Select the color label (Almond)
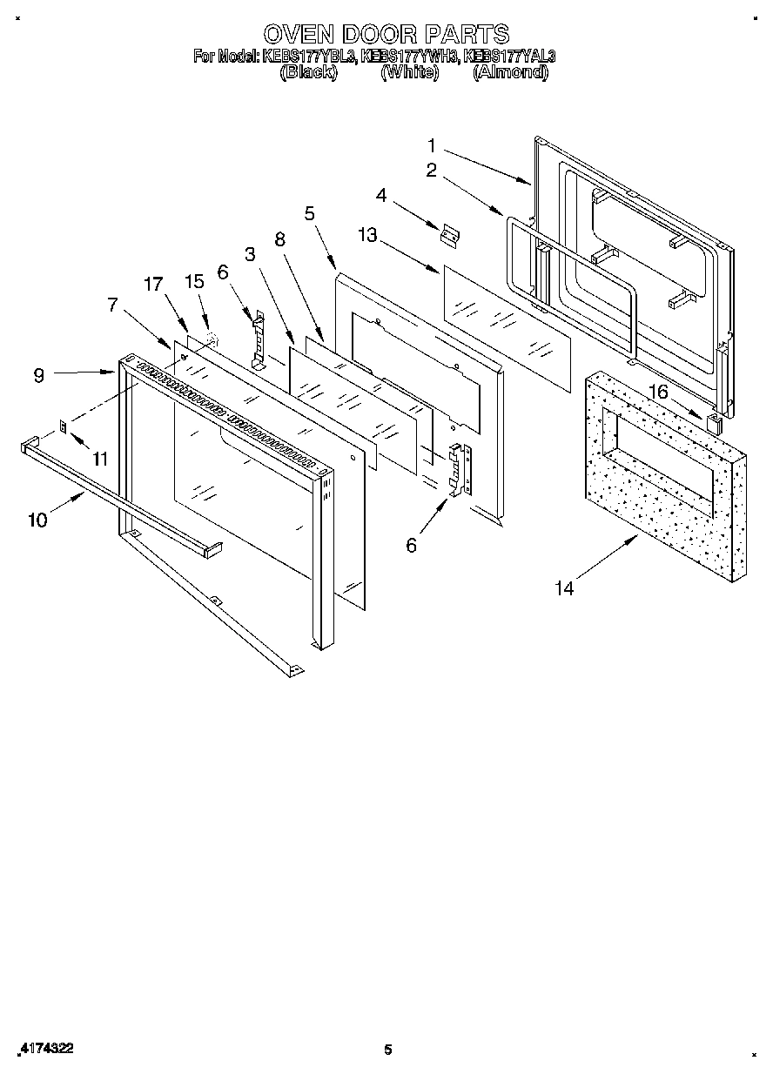click(x=510, y=73)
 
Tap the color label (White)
click(x=409, y=73)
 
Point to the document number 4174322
click(x=44, y=1049)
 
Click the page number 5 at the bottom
click(x=388, y=1050)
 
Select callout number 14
click(x=564, y=588)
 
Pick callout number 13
click(x=368, y=235)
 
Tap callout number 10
click(x=37, y=520)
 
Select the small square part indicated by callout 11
click(x=64, y=426)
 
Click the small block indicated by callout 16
click(x=714, y=424)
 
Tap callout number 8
click(x=279, y=241)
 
